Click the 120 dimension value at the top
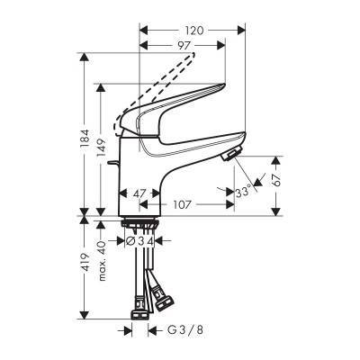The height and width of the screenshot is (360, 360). [x=193, y=31]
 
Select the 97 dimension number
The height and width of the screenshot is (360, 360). [x=184, y=46]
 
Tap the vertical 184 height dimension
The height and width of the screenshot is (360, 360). [x=85, y=139]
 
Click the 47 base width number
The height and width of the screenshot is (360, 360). [x=139, y=193]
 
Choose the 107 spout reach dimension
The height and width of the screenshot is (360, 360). [x=183, y=205]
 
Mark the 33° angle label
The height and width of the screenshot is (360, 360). [x=243, y=192]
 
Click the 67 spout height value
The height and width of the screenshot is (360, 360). [x=276, y=180]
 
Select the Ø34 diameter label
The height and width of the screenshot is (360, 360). [x=139, y=240]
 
